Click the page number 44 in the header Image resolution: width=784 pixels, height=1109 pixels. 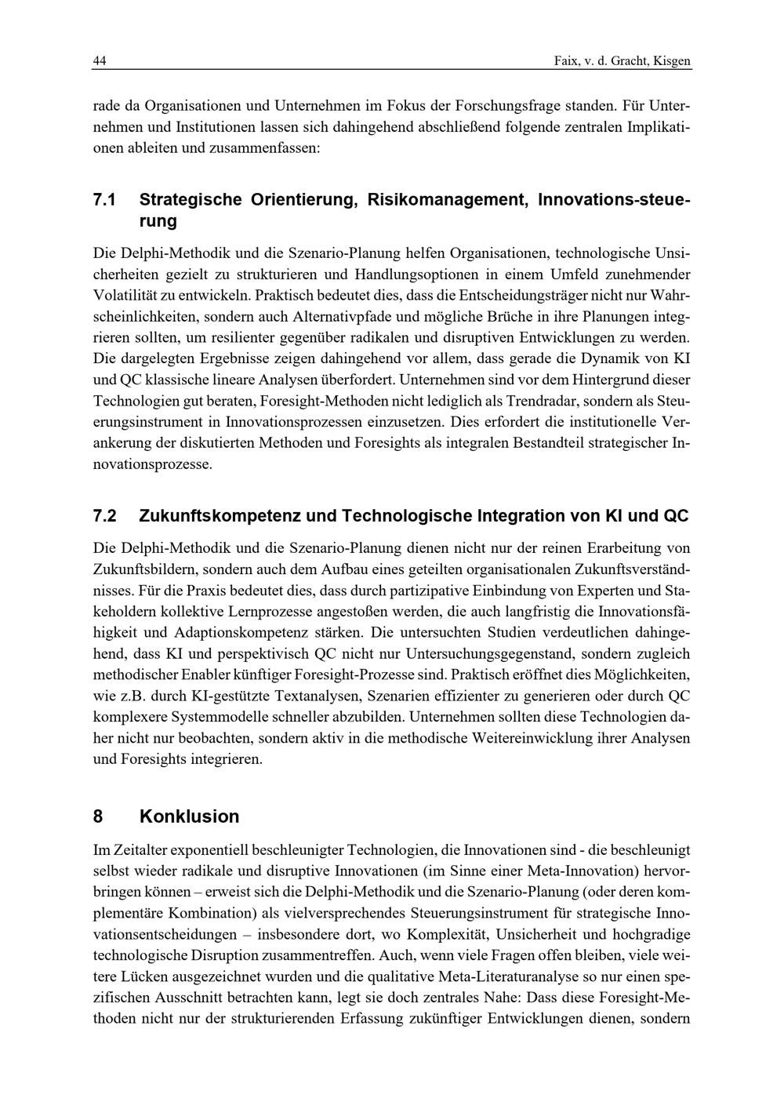click(100, 61)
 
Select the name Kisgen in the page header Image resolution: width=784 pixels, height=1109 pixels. click(672, 61)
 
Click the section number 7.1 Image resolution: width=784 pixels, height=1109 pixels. click(105, 200)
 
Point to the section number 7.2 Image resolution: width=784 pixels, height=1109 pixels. click(105, 516)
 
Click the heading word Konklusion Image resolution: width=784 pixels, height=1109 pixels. click(189, 816)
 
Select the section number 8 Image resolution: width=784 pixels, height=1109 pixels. click(98, 816)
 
